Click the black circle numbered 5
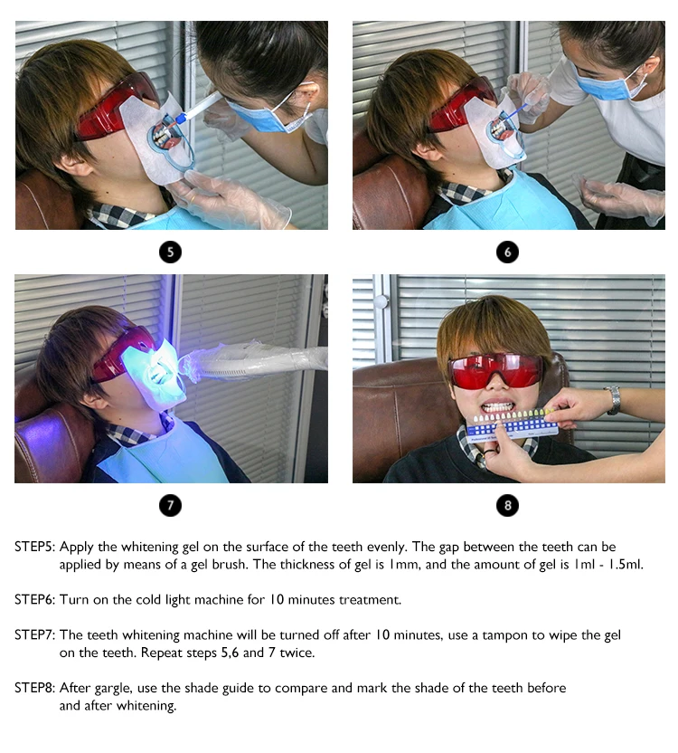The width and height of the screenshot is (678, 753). pos(170,253)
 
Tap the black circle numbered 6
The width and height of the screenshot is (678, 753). pos(508,253)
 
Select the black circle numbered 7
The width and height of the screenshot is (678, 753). pos(170,505)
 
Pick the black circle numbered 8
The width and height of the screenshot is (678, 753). pos(508,505)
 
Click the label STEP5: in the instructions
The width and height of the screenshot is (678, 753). pos(35,547)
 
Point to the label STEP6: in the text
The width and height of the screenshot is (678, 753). pos(35,600)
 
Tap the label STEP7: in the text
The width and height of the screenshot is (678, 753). pos(35,634)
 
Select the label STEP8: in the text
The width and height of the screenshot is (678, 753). pos(35,688)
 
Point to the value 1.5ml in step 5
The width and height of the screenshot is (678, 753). pos(626,564)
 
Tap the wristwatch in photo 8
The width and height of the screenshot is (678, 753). pos(613,399)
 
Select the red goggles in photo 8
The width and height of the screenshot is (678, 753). pos(495,371)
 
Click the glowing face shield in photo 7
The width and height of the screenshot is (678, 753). pos(154,373)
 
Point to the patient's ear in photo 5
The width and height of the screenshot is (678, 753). pos(73,164)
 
